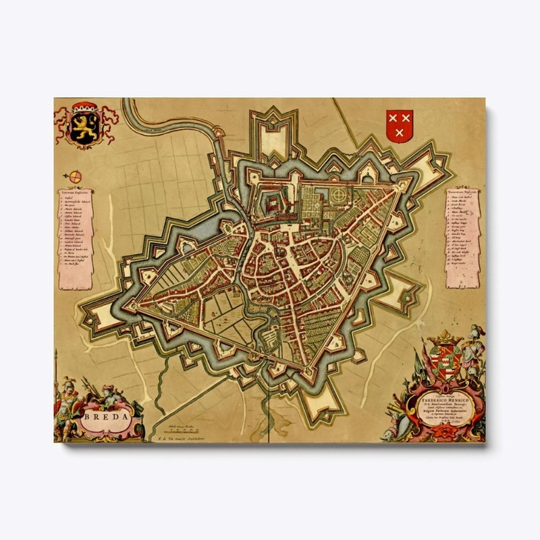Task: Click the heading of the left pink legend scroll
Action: (76, 192)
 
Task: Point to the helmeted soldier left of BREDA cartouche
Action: (67, 398)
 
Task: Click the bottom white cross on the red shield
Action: (400, 133)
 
